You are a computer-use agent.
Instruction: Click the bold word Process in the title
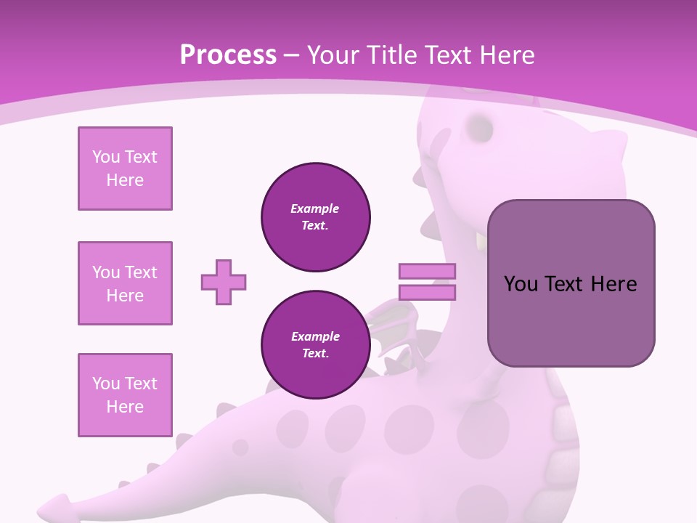tap(228, 54)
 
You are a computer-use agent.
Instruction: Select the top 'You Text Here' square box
tap(125, 169)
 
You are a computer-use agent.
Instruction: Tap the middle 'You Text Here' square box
tap(125, 283)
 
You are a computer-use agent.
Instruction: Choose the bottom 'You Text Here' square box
tap(125, 395)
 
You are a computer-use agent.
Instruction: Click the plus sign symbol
tap(224, 282)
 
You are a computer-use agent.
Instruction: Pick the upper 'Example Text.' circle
tap(315, 217)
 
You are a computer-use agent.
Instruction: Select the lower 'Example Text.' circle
tap(315, 345)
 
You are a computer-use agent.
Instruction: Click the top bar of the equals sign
tap(427, 272)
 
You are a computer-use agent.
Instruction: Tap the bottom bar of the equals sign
tap(427, 293)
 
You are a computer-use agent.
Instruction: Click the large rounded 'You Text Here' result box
tap(571, 283)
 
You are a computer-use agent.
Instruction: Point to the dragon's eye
tap(480, 128)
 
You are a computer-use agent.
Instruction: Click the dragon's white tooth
tap(481, 241)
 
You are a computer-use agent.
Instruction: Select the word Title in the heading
tap(393, 54)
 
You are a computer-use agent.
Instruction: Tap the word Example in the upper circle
tap(315, 208)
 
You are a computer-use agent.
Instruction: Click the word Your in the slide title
tap(333, 54)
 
